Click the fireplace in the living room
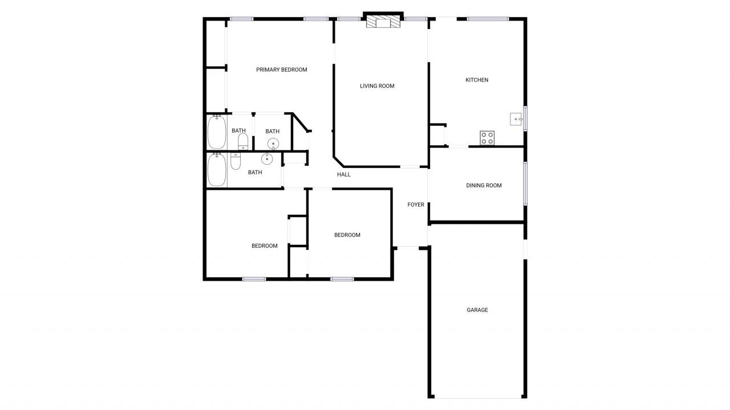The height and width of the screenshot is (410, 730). pos(383,22)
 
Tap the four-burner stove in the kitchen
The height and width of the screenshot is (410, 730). pos(487,138)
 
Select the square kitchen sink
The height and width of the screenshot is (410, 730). pos(516,119)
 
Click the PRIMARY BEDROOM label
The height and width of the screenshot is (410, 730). pos(281,70)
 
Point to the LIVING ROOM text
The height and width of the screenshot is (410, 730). pos(377,87)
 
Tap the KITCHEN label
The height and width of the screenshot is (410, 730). pos(477,80)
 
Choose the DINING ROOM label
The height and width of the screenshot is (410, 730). pos(484,186)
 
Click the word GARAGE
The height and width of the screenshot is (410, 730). pos(477,310)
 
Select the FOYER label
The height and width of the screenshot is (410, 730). pos(416,205)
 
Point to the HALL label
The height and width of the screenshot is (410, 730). pos(343,175)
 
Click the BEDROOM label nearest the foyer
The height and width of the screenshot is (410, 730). pos(347,235)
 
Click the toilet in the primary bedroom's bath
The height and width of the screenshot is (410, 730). pos(243,141)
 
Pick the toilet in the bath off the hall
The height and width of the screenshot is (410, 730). pos(236,161)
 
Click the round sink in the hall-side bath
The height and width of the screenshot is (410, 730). pos(267,158)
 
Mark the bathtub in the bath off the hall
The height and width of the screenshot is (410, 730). pos(217,170)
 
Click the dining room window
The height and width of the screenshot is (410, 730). pos(525,183)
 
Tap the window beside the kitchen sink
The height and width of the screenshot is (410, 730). pos(525,118)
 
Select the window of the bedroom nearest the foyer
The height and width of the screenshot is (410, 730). pos(342,279)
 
